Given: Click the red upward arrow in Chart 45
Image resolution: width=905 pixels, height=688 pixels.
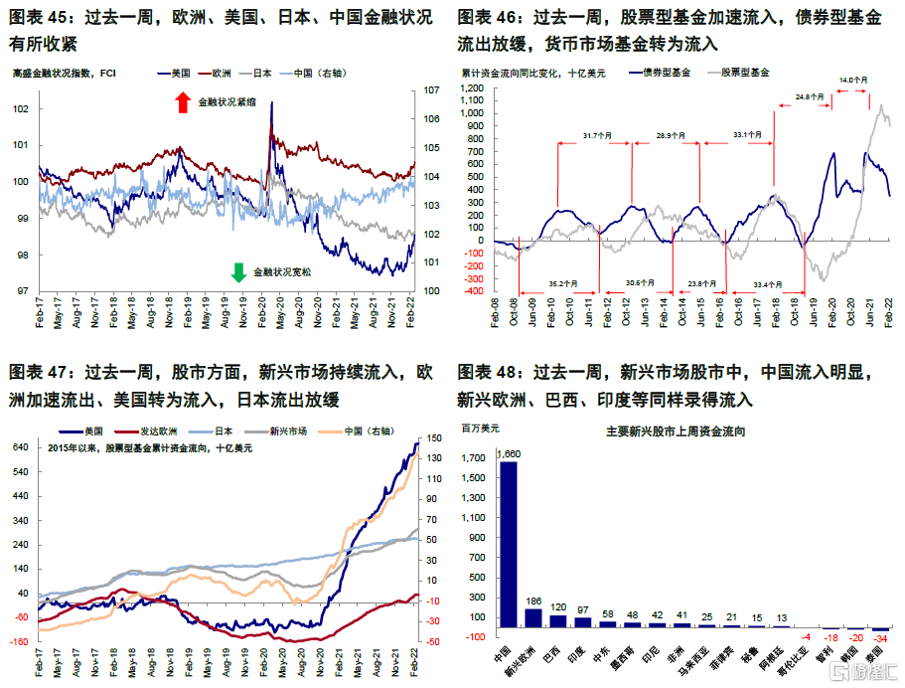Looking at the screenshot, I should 182,101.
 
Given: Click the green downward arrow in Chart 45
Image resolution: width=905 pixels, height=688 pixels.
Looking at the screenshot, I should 238,271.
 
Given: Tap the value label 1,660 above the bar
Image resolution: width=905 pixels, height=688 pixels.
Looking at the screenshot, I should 508,454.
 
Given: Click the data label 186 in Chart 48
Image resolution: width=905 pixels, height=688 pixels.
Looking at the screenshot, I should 533,602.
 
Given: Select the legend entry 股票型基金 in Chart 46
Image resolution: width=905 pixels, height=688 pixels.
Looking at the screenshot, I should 745,72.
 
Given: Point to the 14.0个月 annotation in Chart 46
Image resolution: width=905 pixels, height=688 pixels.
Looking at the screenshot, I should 852,80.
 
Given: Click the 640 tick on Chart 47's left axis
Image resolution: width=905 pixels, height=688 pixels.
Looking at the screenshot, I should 20,447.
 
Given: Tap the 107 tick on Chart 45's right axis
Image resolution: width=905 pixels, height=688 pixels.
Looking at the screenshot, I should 431,90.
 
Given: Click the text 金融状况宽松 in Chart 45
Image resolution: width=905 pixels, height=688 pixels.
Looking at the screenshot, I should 282,271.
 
